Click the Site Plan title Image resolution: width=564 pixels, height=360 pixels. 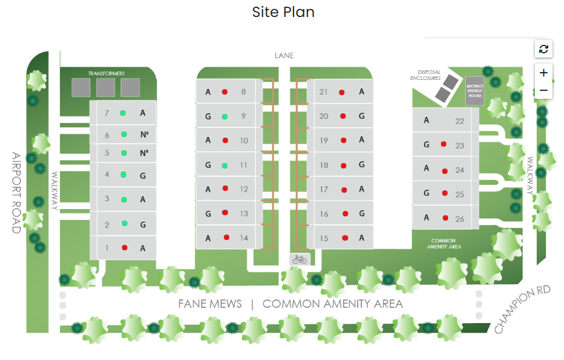click(x=283, y=12)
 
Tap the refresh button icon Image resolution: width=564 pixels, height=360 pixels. click(x=543, y=49)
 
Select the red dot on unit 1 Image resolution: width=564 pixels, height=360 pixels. click(x=125, y=247)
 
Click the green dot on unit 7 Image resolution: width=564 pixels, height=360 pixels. click(x=123, y=113)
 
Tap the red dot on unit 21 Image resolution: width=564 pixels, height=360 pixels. click(x=342, y=92)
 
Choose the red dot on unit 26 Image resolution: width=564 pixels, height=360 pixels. click(x=445, y=218)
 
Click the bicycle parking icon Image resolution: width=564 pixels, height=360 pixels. click(x=300, y=259)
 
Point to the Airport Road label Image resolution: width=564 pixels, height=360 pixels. click(x=16, y=192)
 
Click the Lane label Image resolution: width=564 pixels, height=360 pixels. click(x=284, y=56)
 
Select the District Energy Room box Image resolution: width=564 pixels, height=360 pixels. click(x=474, y=90)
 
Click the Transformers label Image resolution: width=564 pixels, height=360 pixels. click(x=106, y=73)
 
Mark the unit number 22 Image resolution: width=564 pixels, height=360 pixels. click(x=460, y=121)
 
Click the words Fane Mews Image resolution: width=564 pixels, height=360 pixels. click(x=210, y=304)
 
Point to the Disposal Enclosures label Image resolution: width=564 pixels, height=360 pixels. click(x=425, y=75)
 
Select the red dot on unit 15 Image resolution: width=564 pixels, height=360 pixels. click(x=345, y=238)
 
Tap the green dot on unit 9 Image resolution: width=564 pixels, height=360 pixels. click(x=224, y=116)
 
